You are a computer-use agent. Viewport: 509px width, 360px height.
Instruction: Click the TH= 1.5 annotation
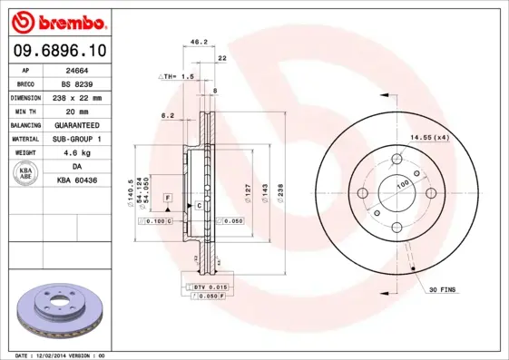click(x=180, y=77)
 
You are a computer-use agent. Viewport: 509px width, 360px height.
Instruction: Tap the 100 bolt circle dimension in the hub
click(x=402, y=183)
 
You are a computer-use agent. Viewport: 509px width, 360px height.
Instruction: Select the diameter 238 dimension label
click(x=280, y=194)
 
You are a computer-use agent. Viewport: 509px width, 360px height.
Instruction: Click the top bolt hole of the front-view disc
click(x=396, y=161)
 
